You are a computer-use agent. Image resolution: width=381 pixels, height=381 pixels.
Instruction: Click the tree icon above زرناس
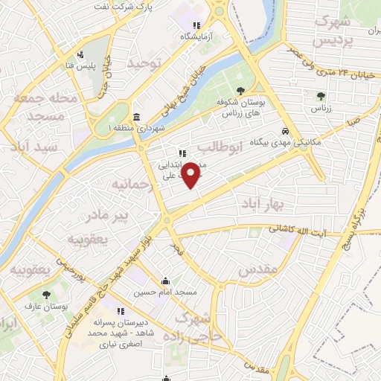pos(321,95)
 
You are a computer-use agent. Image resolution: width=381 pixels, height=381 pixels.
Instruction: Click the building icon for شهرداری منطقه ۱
pos(136,117)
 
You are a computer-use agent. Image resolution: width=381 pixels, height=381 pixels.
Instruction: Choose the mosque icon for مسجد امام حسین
pos(165,281)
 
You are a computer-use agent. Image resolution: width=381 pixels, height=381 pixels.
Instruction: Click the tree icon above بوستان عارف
pos(47,295)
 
